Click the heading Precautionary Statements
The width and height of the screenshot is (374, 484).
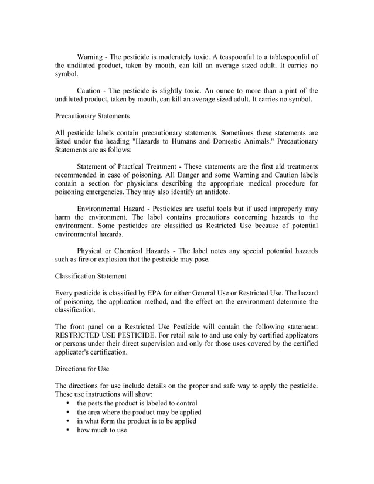pyautogui.click(x=92, y=117)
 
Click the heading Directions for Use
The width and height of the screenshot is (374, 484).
pyautogui.click(x=81, y=370)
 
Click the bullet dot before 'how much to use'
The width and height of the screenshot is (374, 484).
pyautogui.click(x=69, y=430)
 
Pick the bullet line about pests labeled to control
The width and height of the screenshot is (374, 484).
pyautogui.click(x=137, y=404)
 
